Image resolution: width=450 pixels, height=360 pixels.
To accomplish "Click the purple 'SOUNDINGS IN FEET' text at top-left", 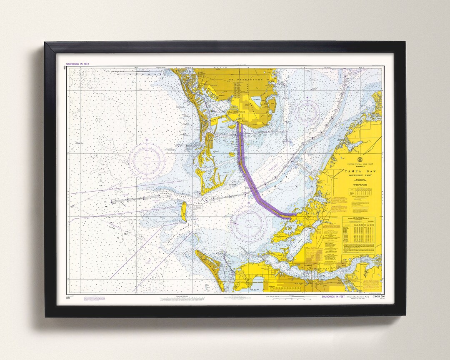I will click(x=77, y=64).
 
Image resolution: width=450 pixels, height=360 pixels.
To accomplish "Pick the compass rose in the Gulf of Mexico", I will click(x=146, y=159).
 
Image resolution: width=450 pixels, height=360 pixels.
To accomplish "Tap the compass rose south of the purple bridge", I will click(x=248, y=223).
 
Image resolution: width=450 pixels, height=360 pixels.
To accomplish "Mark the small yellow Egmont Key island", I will click(x=183, y=212).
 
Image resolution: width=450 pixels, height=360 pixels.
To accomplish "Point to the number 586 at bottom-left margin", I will click(x=68, y=297).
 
